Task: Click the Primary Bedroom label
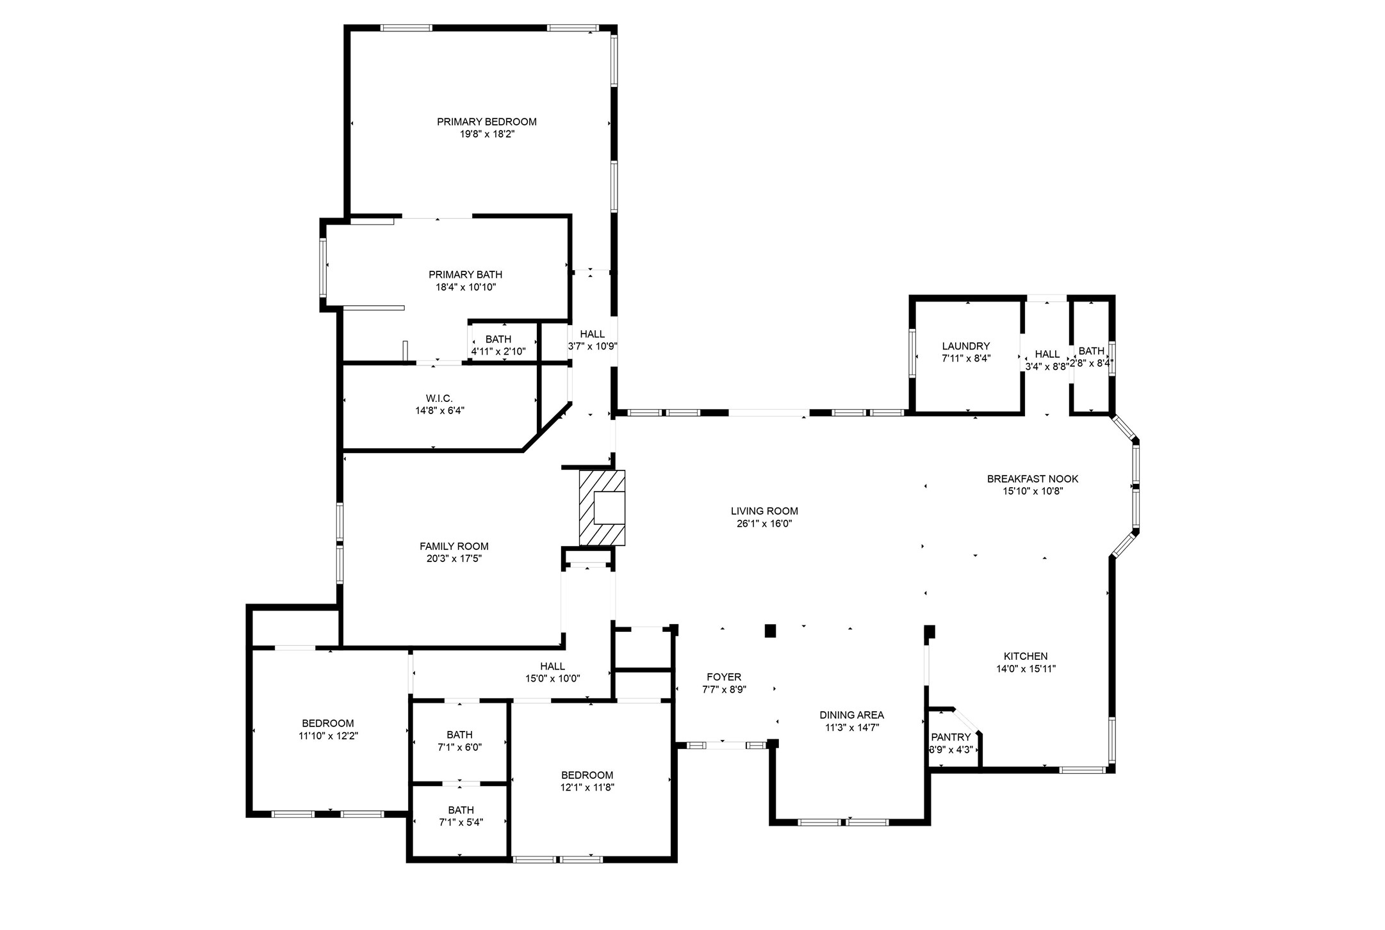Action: [486, 122]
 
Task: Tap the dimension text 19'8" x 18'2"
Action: [486, 134]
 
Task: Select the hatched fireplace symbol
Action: [602, 508]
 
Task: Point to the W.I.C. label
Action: [439, 399]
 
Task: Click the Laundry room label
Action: [965, 346]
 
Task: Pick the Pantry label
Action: [951, 737]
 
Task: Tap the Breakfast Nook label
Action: [1032, 479]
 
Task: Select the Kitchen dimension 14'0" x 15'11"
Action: [1025, 669]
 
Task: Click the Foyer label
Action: [724, 677]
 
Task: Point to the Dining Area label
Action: [851, 715]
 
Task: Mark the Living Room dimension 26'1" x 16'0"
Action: [764, 524]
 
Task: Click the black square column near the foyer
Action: [770, 631]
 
